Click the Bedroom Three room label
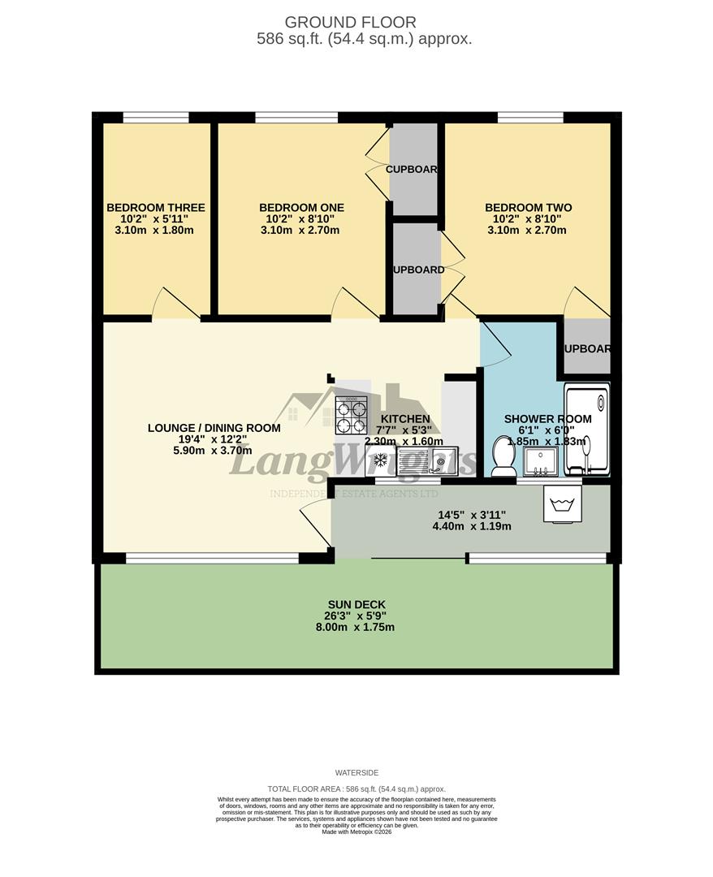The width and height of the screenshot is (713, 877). tap(156, 208)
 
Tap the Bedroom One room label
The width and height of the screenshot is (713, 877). tap(301, 208)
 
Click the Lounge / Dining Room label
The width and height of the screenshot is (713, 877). tap(214, 428)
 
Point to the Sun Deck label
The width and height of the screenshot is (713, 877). tap(356, 604)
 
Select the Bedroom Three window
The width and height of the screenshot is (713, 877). tap(156, 118)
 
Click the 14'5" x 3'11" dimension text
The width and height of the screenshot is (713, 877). tap(472, 514)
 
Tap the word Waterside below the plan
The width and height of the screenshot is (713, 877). tap(356, 773)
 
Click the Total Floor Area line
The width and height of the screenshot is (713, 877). tap(356, 789)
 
